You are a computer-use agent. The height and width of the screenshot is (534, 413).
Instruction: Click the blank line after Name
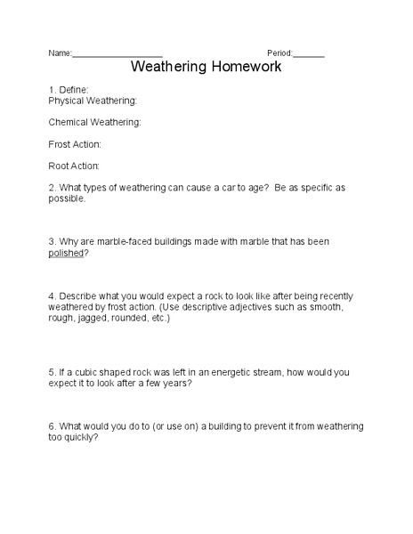coord(117,53)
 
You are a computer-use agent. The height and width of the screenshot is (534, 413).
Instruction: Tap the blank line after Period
coord(309,53)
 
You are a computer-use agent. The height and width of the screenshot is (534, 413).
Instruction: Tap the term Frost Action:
coord(75,143)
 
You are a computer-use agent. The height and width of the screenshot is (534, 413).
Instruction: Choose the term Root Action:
coord(74,166)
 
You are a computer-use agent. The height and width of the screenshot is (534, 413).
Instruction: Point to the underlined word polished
coord(66,253)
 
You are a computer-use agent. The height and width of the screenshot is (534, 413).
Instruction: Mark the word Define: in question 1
coord(74,90)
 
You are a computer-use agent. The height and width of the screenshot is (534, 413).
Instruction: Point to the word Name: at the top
coord(60,53)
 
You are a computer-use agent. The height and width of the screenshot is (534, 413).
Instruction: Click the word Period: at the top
coord(279,53)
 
